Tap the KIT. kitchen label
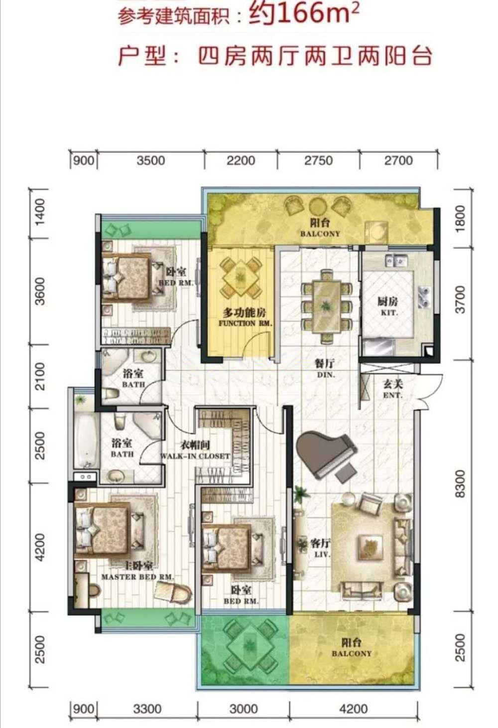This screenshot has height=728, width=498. pos(388,312)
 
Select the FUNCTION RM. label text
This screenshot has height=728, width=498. pos(245,323)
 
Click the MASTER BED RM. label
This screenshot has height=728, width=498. pos(138,577)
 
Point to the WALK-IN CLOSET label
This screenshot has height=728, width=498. pos(195,456)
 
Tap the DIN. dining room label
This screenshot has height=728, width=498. pos(326,374)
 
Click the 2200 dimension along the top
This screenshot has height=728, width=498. pos(241,160)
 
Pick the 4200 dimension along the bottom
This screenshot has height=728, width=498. pos(353,709)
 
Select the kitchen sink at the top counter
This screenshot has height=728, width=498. pos(396,260)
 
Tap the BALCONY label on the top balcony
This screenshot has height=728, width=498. pos(320,234)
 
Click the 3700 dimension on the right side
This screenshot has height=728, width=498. pos(460,299)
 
